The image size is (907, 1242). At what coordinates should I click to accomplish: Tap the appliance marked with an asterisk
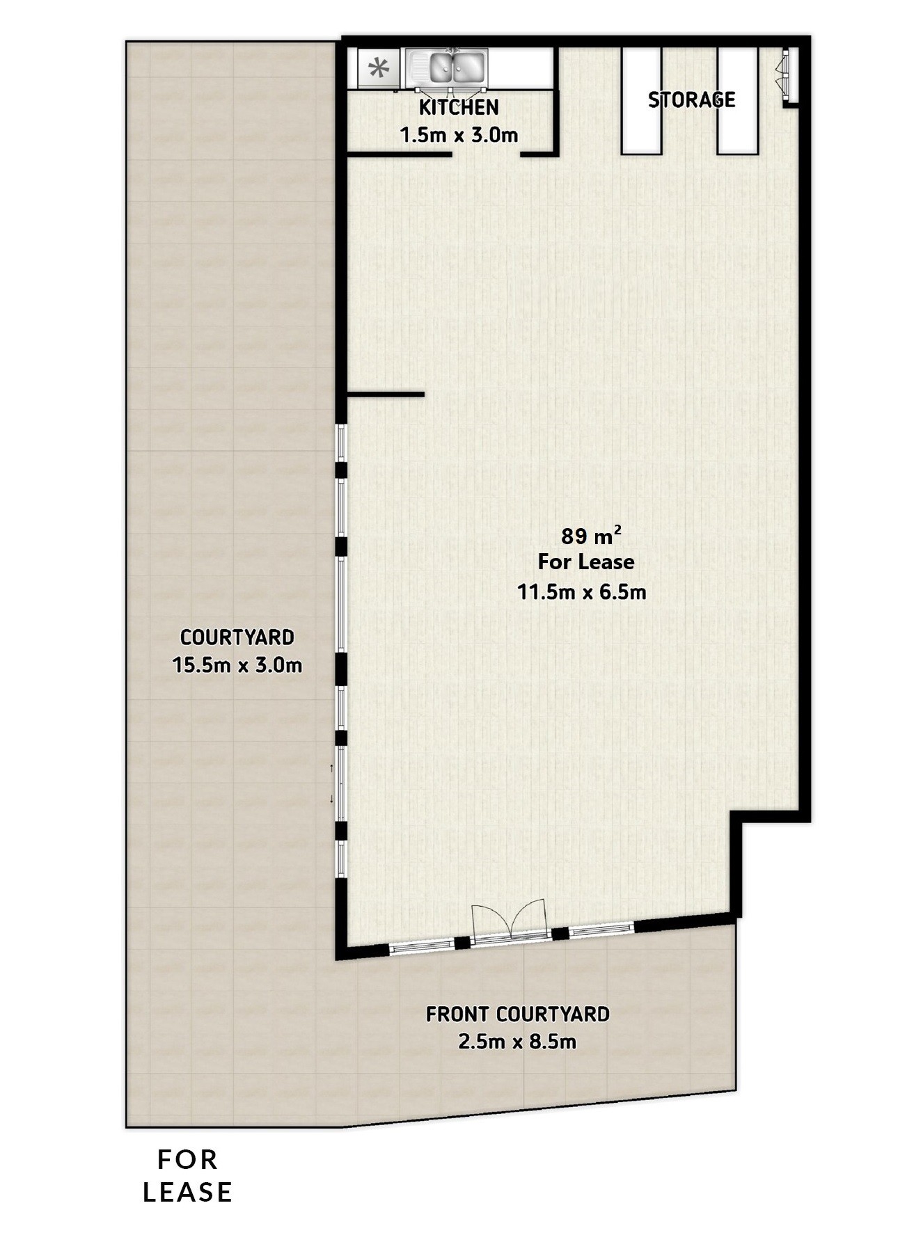(x=379, y=68)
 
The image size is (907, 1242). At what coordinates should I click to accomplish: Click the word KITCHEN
(x=459, y=108)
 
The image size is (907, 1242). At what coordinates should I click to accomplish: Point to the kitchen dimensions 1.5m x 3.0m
(x=459, y=134)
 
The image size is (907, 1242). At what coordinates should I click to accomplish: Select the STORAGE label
(x=691, y=100)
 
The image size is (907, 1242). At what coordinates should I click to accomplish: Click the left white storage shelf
(x=641, y=100)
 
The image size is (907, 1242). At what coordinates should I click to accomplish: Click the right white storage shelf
(x=737, y=100)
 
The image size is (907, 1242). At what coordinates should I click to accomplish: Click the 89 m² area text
(x=591, y=536)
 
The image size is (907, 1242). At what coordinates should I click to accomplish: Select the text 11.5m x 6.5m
(x=581, y=592)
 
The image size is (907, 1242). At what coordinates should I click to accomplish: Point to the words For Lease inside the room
(x=586, y=562)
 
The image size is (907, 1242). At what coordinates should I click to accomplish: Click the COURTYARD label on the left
(x=237, y=637)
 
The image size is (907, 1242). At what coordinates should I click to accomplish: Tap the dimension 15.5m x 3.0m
(x=237, y=665)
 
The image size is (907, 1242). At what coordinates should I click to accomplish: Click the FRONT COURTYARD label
(x=517, y=1014)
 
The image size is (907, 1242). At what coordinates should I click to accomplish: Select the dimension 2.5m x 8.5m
(x=517, y=1042)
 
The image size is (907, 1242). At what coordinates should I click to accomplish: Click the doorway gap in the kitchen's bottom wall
(x=487, y=151)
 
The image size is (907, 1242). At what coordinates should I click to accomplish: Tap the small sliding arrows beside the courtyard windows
(x=331, y=783)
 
